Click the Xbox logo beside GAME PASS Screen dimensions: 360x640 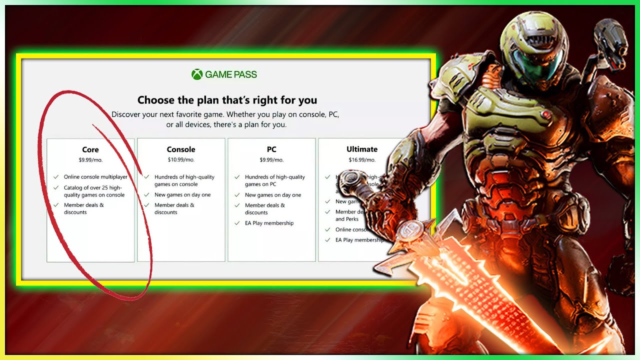pyautogui.click(x=197, y=74)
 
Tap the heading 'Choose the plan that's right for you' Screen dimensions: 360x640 pyautogui.click(x=227, y=100)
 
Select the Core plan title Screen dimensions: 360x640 pyautogui.click(x=90, y=149)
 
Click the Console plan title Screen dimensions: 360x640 pyautogui.click(x=181, y=149)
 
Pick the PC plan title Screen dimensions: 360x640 pyautogui.click(x=271, y=149)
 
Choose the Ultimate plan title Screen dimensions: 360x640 pyautogui.click(x=362, y=149)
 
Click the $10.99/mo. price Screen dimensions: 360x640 pyautogui.click(x=181, y=160)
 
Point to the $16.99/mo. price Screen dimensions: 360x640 pyautogui.click(x=362, y=160)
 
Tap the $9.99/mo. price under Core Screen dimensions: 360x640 pyautogui.click(x=90, y=160)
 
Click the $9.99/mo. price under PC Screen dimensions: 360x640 pyautogui.click(x=271, y=160)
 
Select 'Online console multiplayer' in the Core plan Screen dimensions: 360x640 pyautogui.click(x=95, y=177)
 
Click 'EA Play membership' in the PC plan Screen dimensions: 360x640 pyautogui.click(x=269, y=223)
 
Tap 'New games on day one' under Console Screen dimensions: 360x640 pyautogui.click(x=182, y=195)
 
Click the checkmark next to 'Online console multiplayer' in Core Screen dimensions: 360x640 pyautogui.click(x=56, y=177)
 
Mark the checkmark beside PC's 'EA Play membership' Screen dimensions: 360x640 pyautogui.click(x=237, y=223)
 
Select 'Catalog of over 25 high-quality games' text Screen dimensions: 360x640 pyautogui.click(x=94, y=191)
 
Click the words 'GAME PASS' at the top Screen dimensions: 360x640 pyautogui.click(x=230, y=74)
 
